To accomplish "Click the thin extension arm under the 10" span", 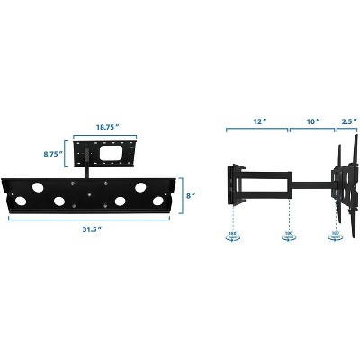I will (310, 184).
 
